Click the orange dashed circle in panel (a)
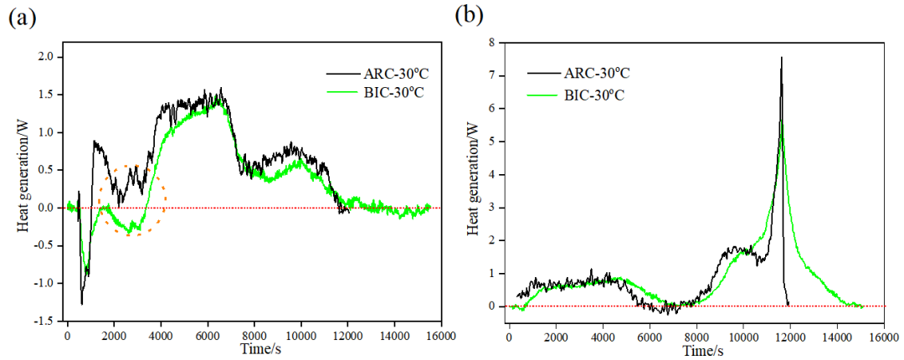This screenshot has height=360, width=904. pos(132,199)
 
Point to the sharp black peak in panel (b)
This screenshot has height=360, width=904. pos(781,59)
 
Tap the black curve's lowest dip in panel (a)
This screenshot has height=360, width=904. pos(82,303)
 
